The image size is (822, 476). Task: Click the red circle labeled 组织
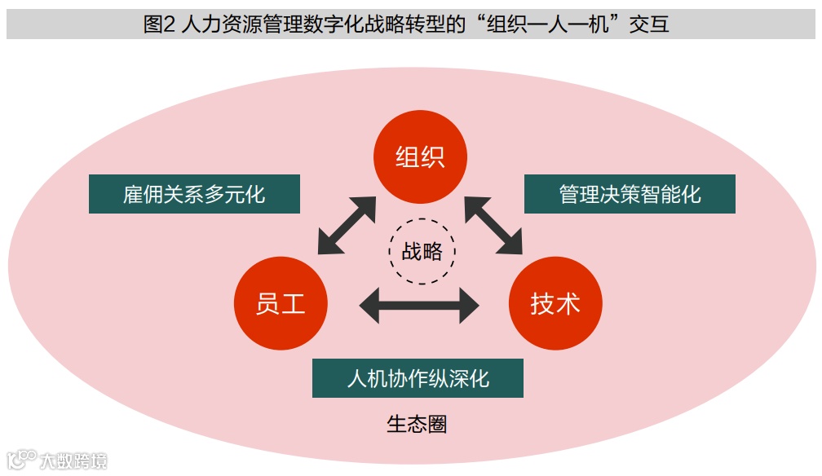coord(420,156)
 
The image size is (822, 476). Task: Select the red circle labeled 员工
coord(281,303)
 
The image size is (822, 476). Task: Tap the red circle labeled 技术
coord(555,303)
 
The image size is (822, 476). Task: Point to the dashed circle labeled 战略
coord(422,250)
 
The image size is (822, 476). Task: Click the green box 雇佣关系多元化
coord(194,195)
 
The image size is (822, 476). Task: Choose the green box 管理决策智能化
coord(630,195)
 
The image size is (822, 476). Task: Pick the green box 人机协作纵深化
coord(418,379)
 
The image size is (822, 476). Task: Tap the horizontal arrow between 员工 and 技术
coord(419,306)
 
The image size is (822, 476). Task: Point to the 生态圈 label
coord(417,425)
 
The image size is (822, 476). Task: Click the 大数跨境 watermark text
coord(73,461)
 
